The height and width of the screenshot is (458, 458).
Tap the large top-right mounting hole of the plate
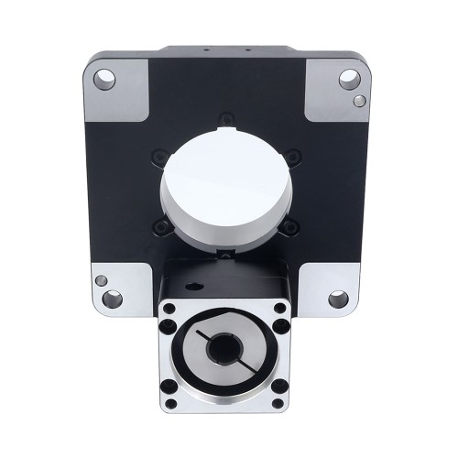tap(348, 78)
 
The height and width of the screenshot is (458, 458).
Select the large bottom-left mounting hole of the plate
tap(112, 298)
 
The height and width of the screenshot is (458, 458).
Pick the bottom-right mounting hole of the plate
tap(338, 298)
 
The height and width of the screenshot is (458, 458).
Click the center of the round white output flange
tap(224, 179)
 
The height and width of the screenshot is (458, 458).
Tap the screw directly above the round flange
tap(224, 117)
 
